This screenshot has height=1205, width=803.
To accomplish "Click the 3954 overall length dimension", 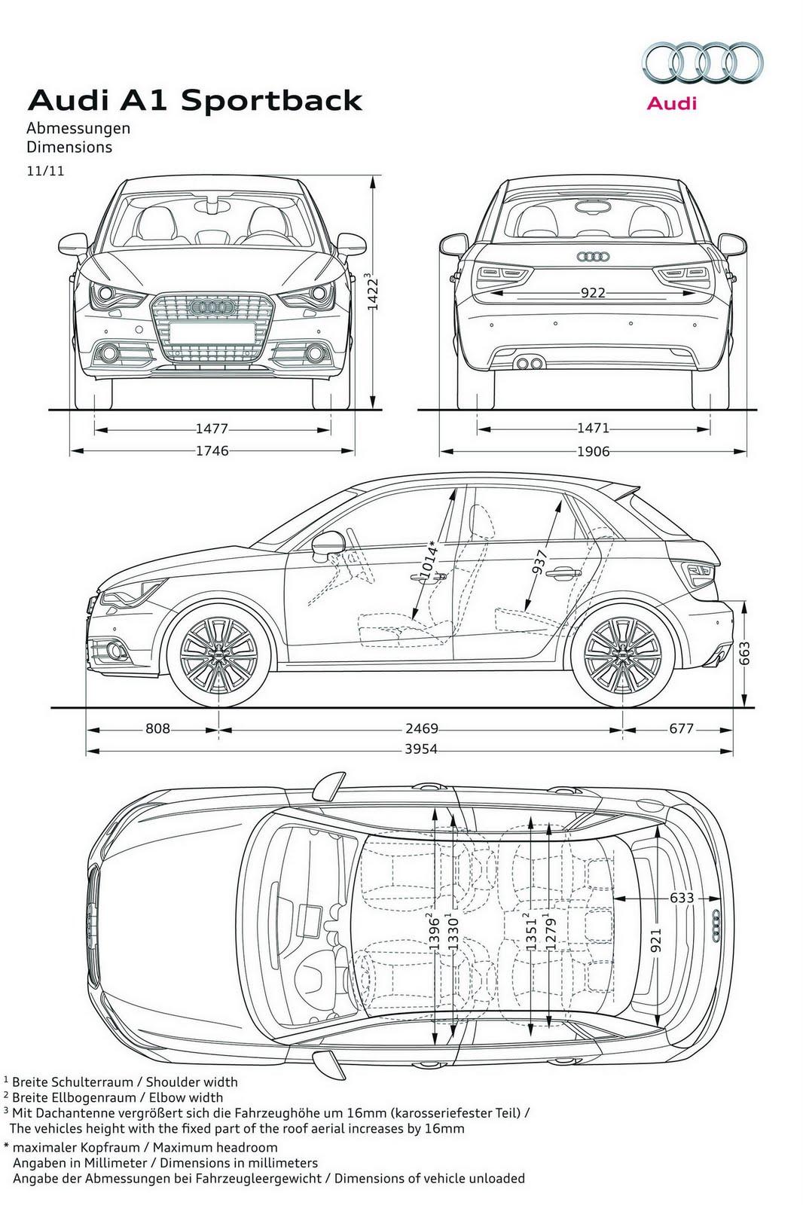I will [421, 749].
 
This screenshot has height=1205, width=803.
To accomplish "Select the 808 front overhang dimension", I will [157, 729].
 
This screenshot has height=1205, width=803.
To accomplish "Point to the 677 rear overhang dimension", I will [680, 729].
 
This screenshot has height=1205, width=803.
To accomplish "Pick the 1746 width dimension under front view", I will [212, 451].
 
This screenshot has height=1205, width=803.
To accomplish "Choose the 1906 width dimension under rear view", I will [594, 451].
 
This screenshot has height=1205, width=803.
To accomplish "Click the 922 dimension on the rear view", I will [593, 292].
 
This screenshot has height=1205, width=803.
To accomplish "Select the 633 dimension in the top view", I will [681, 898].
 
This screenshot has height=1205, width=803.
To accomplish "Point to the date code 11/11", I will [45, 171].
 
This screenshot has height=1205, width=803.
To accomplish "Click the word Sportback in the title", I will [273, 101].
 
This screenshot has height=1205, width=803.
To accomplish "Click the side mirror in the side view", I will [326, 545].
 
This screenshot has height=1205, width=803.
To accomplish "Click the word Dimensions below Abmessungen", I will [69, 148].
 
